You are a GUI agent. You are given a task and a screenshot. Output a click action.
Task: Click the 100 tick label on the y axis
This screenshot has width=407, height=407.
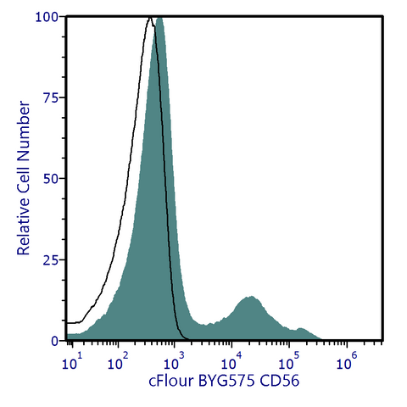[x=47, y=18]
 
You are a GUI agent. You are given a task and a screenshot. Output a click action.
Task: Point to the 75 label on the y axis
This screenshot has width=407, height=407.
[x=51, y=98]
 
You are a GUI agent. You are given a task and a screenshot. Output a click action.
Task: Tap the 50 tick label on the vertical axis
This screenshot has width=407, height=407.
[x=51, y=180]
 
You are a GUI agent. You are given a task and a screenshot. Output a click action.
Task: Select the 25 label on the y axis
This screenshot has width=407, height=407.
[x=51, y=261]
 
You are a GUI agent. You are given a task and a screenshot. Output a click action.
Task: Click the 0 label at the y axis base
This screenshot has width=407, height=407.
[x=55, y=342]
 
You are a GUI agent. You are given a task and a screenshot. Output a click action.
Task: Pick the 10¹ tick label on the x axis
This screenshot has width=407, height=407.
[x=72, y=361]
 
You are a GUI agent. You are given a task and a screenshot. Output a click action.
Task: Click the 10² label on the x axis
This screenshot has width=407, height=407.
[x=118, y=361]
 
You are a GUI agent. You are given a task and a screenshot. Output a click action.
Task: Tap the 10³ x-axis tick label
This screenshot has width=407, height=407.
[x=175, y=361]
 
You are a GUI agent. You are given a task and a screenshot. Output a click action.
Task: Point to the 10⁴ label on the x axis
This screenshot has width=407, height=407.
[x=231, y=361]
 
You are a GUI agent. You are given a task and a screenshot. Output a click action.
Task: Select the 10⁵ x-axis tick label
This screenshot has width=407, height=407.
[x=289, y=361]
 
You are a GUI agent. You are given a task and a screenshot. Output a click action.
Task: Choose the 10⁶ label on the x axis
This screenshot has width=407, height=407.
[x=347, y=361]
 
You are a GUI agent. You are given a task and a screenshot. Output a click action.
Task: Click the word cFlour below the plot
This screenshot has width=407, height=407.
[x=171, y=381]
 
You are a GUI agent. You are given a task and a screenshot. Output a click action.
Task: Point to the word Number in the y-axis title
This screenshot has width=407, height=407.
[x=24, y=130]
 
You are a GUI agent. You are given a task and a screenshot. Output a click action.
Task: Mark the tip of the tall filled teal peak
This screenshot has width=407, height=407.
[x=160, y=18]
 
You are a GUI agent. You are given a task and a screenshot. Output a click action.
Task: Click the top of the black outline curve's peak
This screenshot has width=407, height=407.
[x=150, y=18]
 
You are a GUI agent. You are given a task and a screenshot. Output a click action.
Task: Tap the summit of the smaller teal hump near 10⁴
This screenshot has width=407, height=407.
[x=251, y=297]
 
